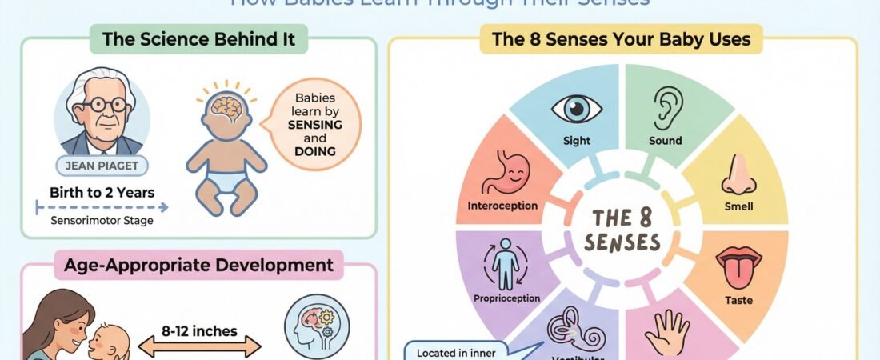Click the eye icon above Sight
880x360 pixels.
pyautogui.click(x=576, y=110)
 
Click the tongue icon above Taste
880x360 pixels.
pyautogui.click(x=736, y=267)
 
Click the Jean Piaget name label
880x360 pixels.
pyautogui.click(x=102, y=166)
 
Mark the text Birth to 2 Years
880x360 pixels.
pyautogui.click(x=102, y=192)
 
